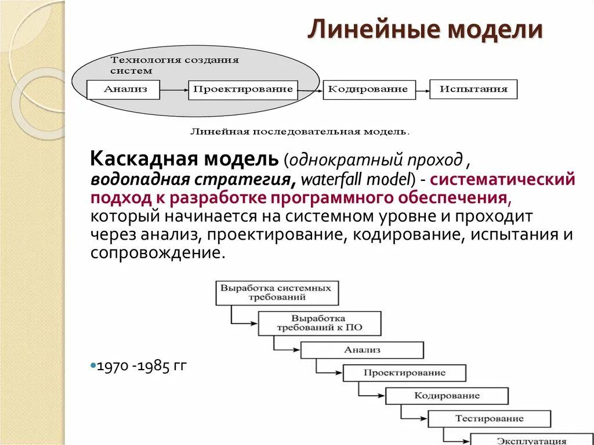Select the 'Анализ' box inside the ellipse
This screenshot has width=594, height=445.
(x=123, y=89)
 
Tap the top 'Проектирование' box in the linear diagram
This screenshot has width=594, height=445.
(x=242, y=89)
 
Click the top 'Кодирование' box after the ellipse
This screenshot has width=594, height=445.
(x=369, y=89)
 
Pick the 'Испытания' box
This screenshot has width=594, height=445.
(x=473, y=89)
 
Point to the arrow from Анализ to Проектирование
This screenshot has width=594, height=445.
(x=174, y=89)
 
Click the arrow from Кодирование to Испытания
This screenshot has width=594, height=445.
(x=423, y=89)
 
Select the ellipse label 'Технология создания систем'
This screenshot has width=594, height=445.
(x=174, y=65)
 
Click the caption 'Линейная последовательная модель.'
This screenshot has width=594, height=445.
(x=299, y=132)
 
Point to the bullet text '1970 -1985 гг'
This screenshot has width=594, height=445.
(x=142, y=366)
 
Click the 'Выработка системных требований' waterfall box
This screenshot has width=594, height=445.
(x=277, y=293)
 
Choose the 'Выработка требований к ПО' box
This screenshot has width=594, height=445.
(x=319, y=324)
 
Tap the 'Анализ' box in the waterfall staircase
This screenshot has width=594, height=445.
(x=362, y=350)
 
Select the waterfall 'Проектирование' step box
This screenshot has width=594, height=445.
(x=404, y=372)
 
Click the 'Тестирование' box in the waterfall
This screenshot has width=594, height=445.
(x=489, y=418)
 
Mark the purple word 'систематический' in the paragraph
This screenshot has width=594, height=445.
(x=504, y=179)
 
